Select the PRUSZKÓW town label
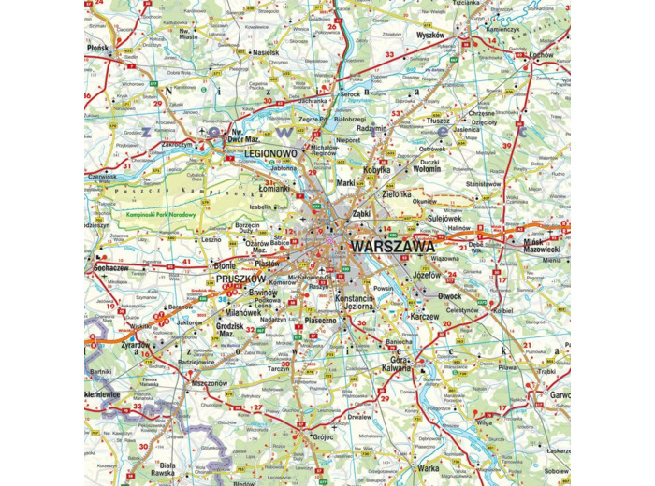(x=240, y=279)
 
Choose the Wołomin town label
(x=426, y=169)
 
